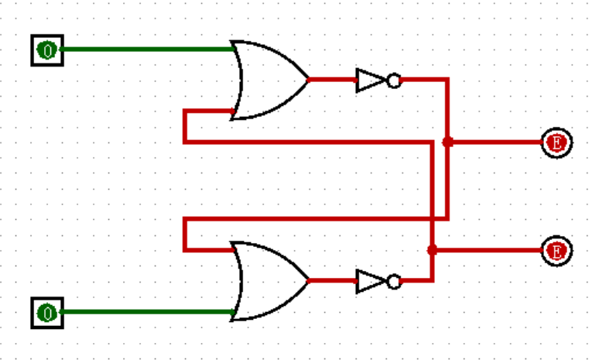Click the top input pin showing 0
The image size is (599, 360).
click(47, 50)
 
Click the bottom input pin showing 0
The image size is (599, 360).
click(47, 313)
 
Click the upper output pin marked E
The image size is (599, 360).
click(556, 142)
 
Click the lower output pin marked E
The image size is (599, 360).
click(556, 250)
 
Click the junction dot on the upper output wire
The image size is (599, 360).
click(447, 142)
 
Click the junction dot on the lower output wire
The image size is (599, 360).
click(432, 250)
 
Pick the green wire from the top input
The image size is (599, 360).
click(147, 50)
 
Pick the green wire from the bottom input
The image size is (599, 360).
click(147, 313)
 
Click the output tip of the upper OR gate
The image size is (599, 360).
click(308, 80)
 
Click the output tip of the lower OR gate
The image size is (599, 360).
click(308, 281)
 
